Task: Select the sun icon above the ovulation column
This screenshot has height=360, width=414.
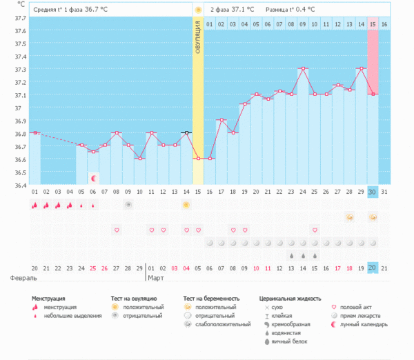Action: click(198, 10)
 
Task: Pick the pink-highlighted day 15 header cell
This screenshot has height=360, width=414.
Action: click(373, 25)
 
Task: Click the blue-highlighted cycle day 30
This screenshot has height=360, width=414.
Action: click(373, 191)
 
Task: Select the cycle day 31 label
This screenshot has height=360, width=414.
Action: click(384, 191)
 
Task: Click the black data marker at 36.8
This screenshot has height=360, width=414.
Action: click(186, 132)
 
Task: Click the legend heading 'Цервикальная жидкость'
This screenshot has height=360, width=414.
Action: click(290, 299)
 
